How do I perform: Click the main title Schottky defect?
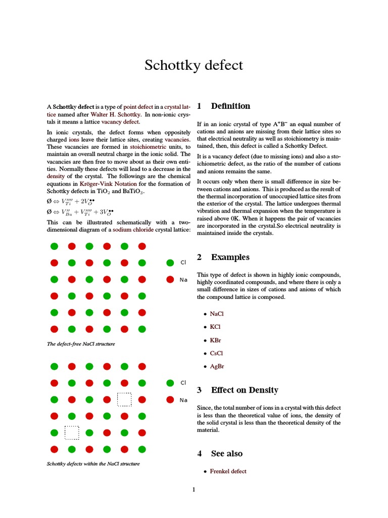tap(193, 65)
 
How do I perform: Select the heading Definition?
tap(230, 106)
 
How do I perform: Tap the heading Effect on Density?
tap(245, 390)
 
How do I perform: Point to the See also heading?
tap(226, 454)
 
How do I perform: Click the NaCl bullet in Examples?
tap(216, 314)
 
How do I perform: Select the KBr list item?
tap(215, 340)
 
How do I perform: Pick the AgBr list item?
tap(217, 367)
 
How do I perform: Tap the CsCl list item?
tap(216, 354)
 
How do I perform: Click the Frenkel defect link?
tap(228, 471)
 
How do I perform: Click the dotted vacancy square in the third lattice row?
tap(124, 400)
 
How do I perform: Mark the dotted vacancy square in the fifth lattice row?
tap(72, 433)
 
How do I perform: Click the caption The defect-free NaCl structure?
tap(81, 344)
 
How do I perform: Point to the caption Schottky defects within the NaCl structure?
tap(93, 464)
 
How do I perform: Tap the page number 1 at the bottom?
tap(193, 490)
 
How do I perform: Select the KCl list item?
tap(215, 327)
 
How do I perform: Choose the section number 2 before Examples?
tap(200, 257)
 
